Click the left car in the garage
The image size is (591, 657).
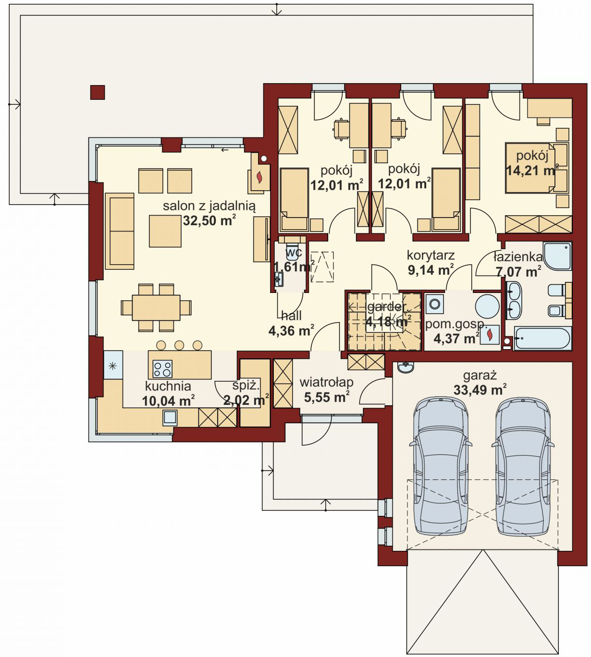click(x=441, y=467)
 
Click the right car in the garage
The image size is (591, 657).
click(x=523, y=467)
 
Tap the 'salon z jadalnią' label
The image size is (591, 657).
click(x=209, y=207)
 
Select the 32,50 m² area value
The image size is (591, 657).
click(x=209, y=221)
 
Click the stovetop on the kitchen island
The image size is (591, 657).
click(x=162, y=369)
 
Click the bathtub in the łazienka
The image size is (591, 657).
click(x=542, y=339)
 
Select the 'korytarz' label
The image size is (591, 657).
click(x=431, y=255)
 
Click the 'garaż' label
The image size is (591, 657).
click(x=480, y=376)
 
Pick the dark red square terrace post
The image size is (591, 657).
click(x=98, y=92)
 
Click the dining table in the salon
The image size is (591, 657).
click(x=156, y=308)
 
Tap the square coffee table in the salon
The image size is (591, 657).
click(x=165, y=231)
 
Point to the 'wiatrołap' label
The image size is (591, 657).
click(x=326, y=382)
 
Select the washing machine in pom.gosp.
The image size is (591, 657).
click(x=435, y=304)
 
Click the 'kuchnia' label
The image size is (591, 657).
click(x=168, y=387)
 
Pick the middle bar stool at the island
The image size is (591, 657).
click(x=179, y=345)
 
